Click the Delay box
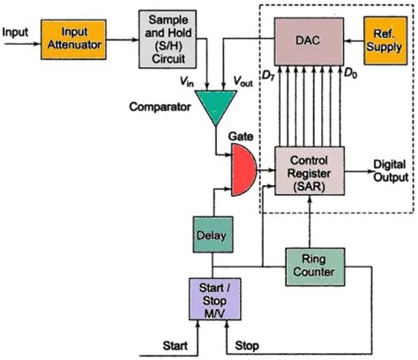tap(212, 236)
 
